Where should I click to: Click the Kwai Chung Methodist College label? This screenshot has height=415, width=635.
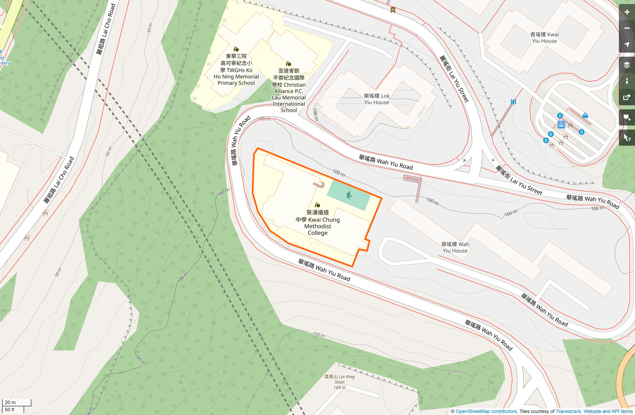[317, 223]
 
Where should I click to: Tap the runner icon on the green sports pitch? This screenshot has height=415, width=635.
[349, 195]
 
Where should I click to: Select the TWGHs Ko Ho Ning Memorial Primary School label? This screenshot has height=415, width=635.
[236, 70]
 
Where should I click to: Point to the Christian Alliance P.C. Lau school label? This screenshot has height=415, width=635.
[289, 90]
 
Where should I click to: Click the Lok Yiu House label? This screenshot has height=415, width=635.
[376, 99]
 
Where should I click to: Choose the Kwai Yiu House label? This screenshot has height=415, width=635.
[544, 37]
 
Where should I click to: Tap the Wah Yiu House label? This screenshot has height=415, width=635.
[455, 247]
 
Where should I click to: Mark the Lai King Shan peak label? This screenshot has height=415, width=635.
[339, 382]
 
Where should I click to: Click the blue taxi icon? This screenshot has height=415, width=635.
[585, 115]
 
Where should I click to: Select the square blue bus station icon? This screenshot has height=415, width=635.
[561, 125]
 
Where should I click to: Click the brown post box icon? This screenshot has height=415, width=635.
[393, 10]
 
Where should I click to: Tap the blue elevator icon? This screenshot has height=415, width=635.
[513, 102]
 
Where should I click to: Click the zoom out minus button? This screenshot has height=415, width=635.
[627, 28]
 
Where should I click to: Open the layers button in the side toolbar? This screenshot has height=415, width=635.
[627, 65]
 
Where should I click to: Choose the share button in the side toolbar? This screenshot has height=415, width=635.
[627, 98]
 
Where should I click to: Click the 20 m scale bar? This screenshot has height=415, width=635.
[17, 402]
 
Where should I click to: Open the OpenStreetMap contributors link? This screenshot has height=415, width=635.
[486, 411]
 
